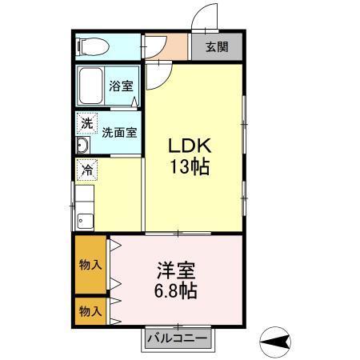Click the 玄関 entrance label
pyautogui.click(x=216, y=46)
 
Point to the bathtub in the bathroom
pyautogui.click(x=91, y=86)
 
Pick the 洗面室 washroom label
pyautogui.click(x=118, y=133)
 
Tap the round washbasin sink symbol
pyautogui.click(x=82, y=146)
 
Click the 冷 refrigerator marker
pyautogui.click(x=86, y=170)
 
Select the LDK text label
pyautogui.click(x=188, y=146)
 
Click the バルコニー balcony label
pyautogui.click(x=177, y=339)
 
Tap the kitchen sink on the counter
pyautogui.click(x=84, y=221)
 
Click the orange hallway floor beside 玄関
pyautogui.click(x=166, y=46)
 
